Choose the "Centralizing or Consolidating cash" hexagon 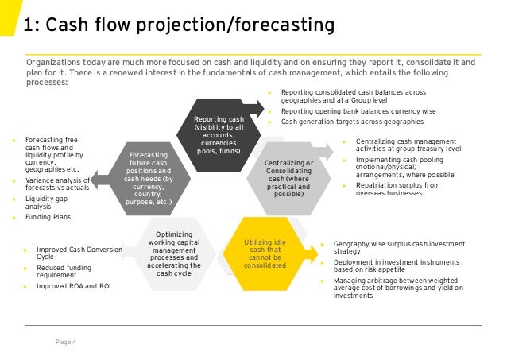coord(288,178)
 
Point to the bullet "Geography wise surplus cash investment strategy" coord(397,247)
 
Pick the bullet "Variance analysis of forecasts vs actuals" coord(60,185)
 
